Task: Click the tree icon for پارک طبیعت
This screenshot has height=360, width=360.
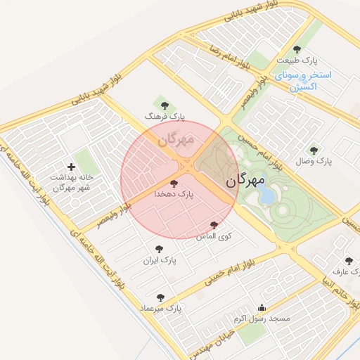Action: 297,49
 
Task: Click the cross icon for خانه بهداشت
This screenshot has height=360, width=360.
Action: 71,167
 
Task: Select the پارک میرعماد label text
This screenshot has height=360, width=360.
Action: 160,308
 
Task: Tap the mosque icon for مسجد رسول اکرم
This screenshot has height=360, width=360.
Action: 262,307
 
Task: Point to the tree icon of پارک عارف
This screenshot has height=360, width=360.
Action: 349,260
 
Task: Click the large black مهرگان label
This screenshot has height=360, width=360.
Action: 246,181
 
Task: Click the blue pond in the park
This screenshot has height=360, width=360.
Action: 268,197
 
